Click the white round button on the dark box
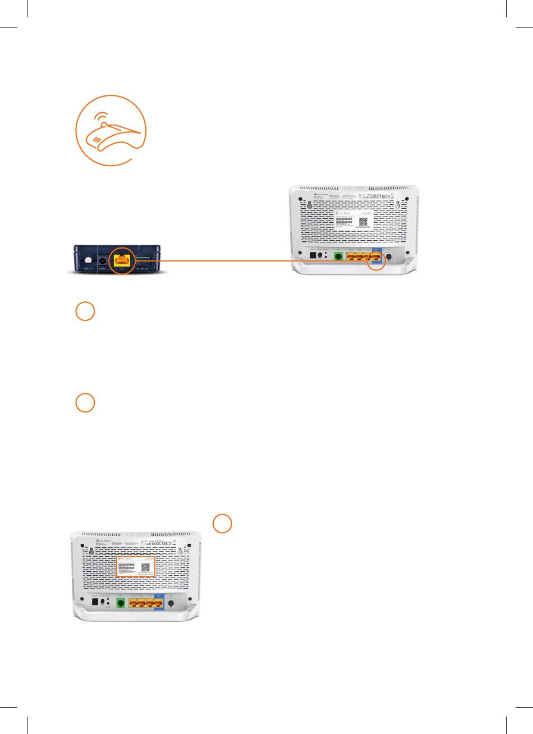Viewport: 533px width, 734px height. tap(88, 260)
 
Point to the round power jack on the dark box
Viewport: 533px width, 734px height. tap(103, 260)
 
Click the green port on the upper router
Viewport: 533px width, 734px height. tap(338, 256)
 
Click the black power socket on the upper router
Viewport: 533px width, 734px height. tap(313, 255)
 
